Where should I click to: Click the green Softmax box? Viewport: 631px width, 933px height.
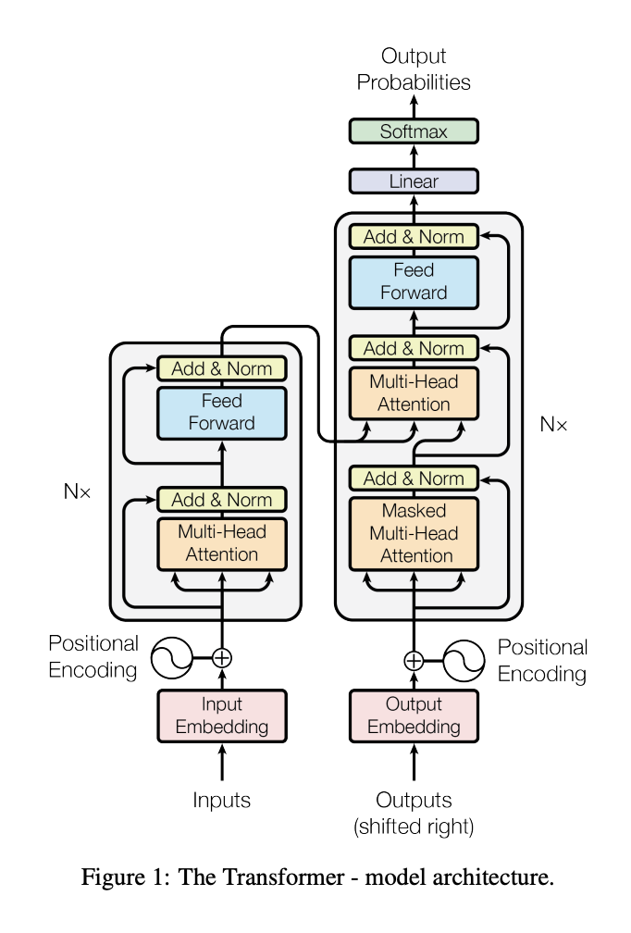click(x=414, y=131)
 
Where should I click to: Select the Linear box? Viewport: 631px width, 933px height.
click(x=414, y=180)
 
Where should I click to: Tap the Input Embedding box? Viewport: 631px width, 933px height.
click(x=222, y=715)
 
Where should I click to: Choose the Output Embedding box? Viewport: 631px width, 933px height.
click(x=414, y=715)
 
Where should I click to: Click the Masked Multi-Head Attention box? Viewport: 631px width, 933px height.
click(x=414, y=534)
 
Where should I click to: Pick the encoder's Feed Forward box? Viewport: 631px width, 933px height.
click(x=222, y=413)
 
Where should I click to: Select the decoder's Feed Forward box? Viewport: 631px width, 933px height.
click(x=414, y=282)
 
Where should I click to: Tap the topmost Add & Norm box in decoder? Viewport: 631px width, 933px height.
click(x=414, y=236)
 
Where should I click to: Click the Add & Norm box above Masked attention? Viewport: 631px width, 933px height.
click(x=414, y=479)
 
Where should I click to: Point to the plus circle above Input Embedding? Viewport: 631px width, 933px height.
click(x=222, y=658)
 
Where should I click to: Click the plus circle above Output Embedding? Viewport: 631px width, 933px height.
click(x=414, y=661)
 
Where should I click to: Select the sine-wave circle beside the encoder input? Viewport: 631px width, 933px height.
click(x=171, y=658)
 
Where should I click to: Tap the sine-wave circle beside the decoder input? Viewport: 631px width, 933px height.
click(x=464, y=661)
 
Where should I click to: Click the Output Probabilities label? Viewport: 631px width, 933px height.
click(x=414, y=69)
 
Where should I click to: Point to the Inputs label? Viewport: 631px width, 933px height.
click(x=221, y=801)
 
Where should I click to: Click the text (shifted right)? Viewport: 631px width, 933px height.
click(x=414, y=827)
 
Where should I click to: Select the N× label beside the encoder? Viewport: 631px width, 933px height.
click(x=78, y=491)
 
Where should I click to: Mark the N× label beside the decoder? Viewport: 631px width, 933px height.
click(x=553, y=424)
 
